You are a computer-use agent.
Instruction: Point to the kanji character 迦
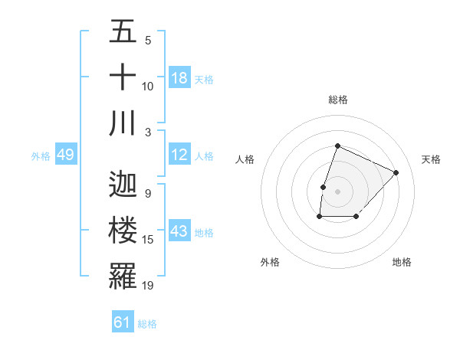pos(123,185)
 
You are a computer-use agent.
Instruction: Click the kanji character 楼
pos(123,230)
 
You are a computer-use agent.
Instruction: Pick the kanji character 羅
pos(123,275)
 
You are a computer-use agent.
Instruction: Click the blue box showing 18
pos(179,77)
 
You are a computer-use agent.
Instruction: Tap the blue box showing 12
pos(179,155)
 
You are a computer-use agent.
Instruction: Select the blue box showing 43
pos(179,231)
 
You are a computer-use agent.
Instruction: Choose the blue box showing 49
pos(65,155)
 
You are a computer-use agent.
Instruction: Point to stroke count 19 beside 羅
pos(149,286)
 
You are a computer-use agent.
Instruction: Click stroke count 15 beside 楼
pos(149,240)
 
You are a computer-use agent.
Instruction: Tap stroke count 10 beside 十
pos(148,87)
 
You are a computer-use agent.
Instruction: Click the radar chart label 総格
pos(337,100)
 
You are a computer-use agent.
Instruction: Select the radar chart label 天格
pos(431,159)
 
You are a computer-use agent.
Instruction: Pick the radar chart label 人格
pos(245,159)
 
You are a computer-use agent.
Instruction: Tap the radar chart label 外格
pos(270,262)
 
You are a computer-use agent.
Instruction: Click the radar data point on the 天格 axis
pos(396,172)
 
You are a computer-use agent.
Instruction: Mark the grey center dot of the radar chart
pos(337,191)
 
